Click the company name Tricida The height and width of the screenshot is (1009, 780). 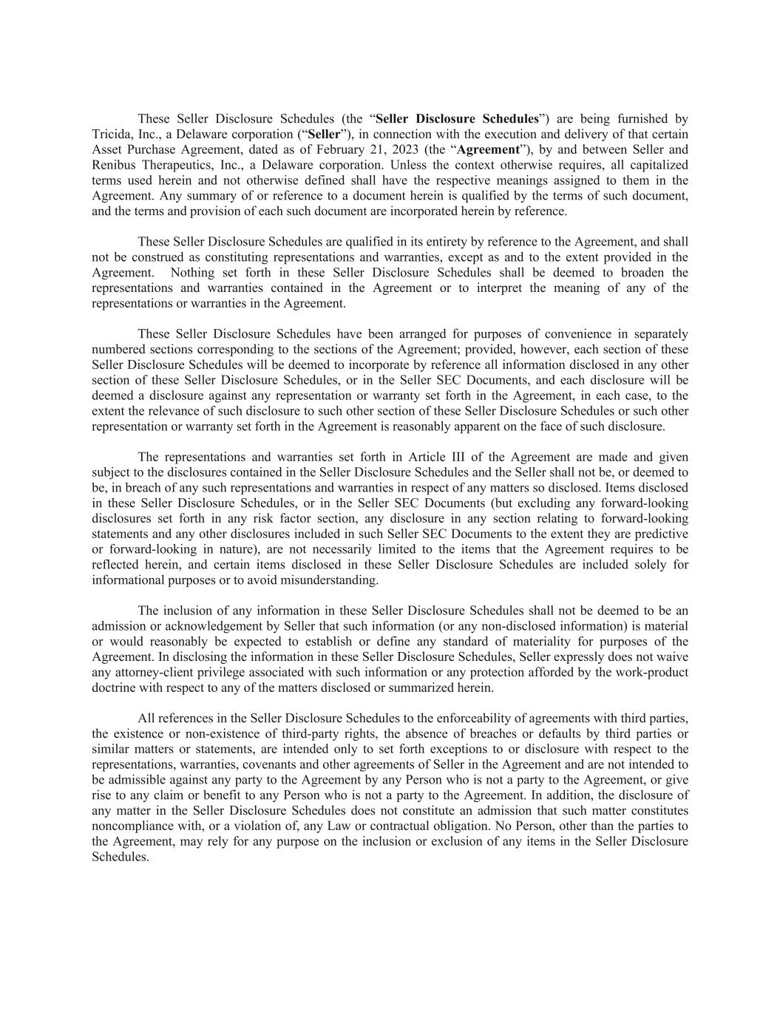coord(110,135)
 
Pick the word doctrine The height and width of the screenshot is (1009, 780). coord(115,688)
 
